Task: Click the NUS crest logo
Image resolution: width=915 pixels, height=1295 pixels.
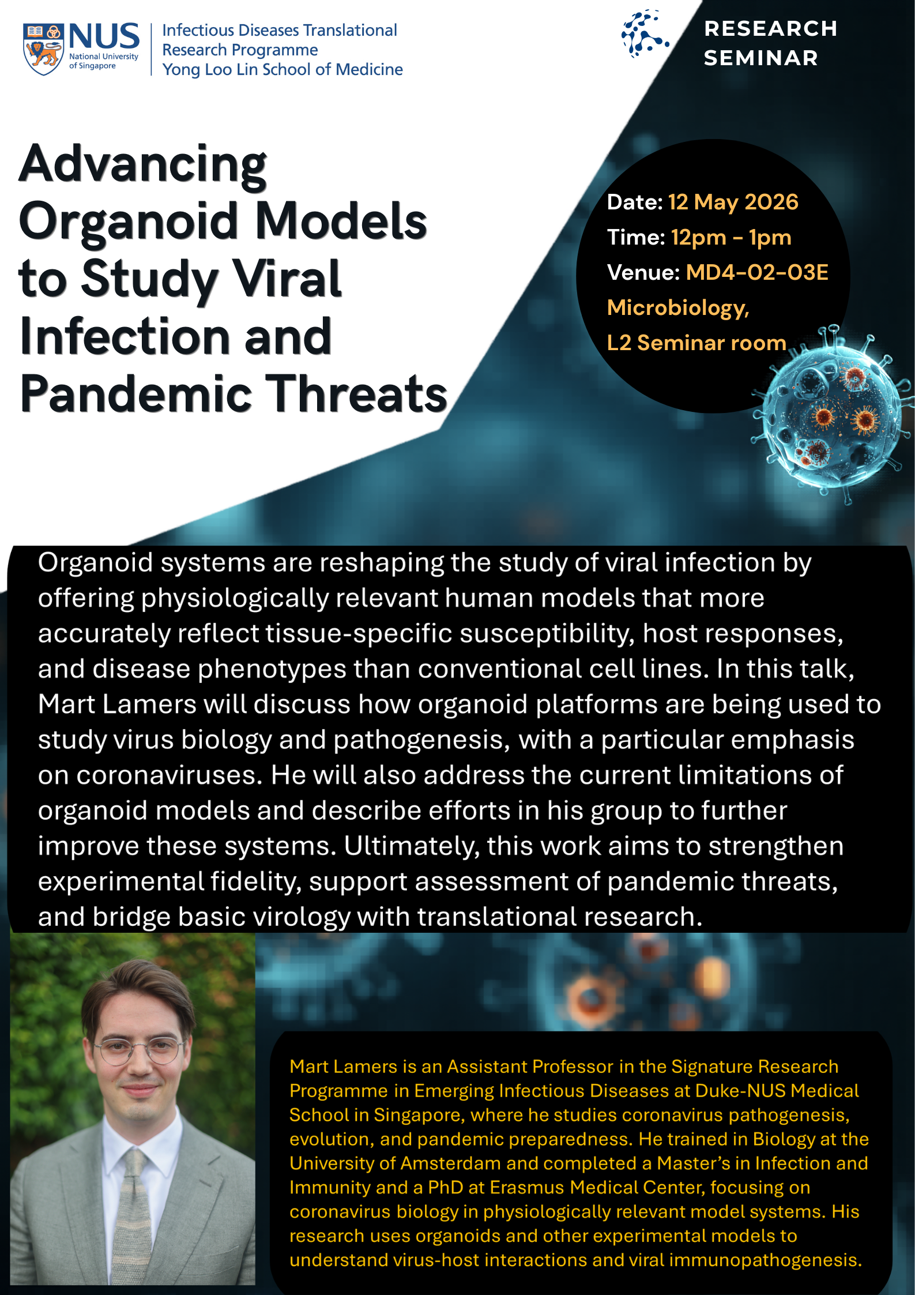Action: click(43, 49)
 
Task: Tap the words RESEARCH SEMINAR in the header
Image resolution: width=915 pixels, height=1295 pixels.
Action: click(770, 43)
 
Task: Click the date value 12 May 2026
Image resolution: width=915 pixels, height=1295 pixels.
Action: click(733, 202)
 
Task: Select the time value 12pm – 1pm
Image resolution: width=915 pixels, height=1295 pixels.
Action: click(731, 238)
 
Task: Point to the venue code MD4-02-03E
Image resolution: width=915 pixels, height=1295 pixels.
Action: click(757, 272)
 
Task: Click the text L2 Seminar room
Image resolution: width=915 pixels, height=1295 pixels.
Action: click(696, 343)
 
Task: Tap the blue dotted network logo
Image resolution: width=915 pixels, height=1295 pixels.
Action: click(645, 33)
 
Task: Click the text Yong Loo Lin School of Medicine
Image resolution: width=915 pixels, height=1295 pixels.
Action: click(283, 70)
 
